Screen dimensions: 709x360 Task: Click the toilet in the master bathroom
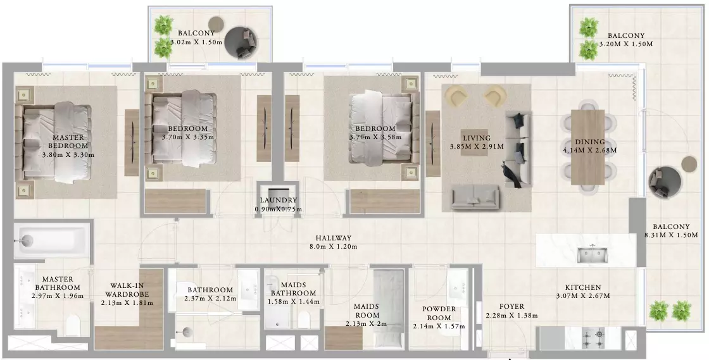click(x=72, y=325)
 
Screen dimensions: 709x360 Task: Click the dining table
click(x=588, y=147)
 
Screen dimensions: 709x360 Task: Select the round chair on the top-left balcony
click(x=242, y=42)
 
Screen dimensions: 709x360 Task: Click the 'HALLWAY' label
click(x=334, y=238)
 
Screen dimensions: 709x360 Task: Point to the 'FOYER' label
click(x=512, y=307)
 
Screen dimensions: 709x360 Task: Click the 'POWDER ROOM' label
click(x=439, y=313)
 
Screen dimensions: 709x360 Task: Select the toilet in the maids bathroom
click(x=304, y=320)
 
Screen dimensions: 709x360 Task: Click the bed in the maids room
click(x=389, y=307)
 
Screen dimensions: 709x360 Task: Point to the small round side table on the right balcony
click(x=689, y=164)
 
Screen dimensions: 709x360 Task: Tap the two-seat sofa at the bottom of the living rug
click(x=475, y=197)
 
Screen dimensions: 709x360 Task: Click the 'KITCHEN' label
click(x=583, y=287)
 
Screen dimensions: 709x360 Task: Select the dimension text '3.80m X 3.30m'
click(x=68, y=154)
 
